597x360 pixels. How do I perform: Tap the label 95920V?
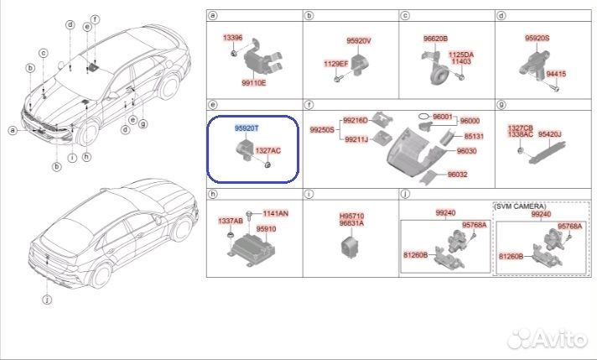coord(359,39)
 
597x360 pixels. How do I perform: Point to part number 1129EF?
coord(335,63)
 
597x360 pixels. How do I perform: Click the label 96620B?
coord(435,39)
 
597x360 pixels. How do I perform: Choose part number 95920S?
coord(537,39)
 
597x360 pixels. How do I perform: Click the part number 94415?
coord(558,73)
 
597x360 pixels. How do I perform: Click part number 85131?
coord(474,136)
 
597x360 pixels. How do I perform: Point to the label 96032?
coord(458,175)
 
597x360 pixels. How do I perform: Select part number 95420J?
coord(549,134)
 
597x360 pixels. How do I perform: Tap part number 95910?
coord(267,228)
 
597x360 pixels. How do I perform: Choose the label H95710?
coord(350,217)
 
